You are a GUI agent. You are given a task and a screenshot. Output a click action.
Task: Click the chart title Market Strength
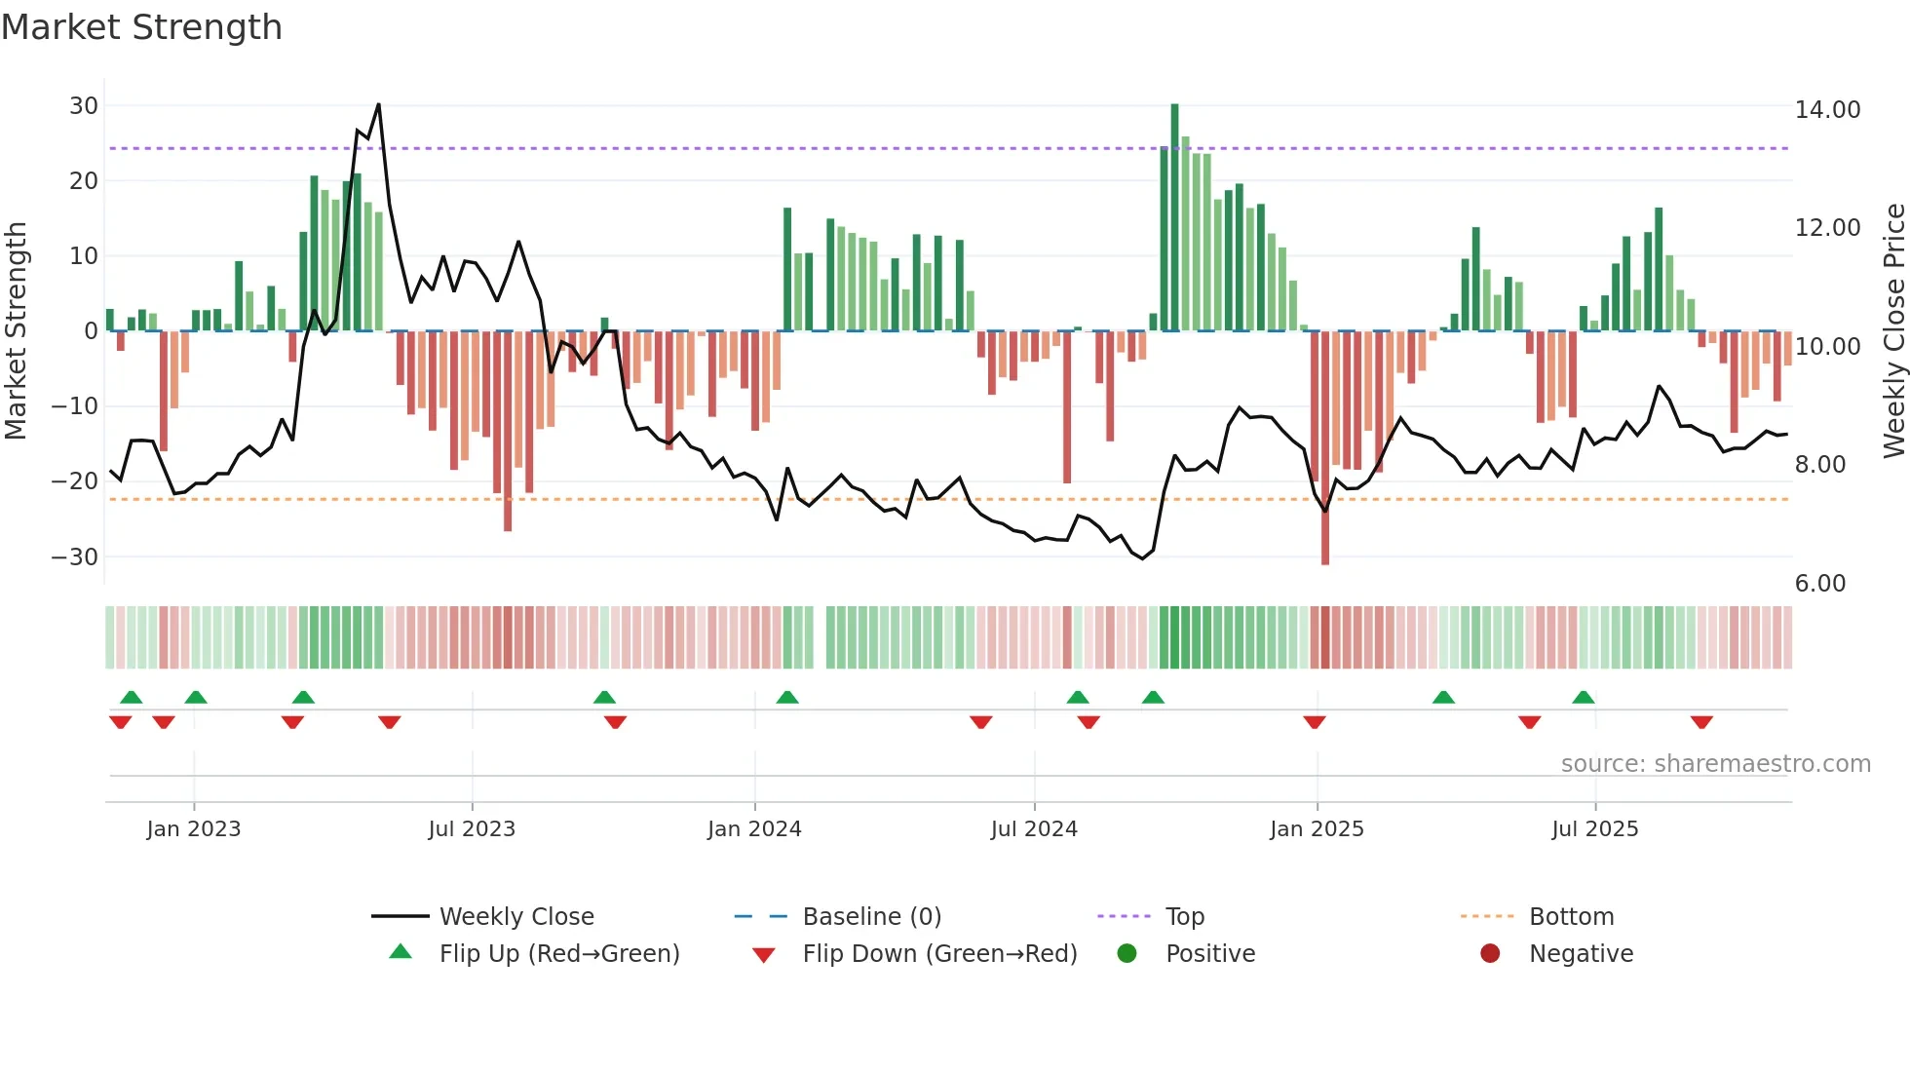[x=141, y=27]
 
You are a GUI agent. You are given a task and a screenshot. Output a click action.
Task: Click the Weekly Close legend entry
[x=516, y=917]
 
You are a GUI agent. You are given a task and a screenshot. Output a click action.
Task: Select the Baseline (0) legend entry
[x=871, y=917]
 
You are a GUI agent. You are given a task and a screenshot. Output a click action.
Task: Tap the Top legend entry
[x=1184, y=917]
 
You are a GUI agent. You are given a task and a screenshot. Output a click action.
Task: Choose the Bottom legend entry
[x=1571, y=917]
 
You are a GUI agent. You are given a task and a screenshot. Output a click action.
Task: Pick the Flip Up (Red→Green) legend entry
[x=558, y=954]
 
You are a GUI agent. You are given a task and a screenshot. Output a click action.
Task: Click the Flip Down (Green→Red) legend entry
[x=939, y=954]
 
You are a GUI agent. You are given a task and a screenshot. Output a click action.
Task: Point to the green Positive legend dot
[x=1127, y=954]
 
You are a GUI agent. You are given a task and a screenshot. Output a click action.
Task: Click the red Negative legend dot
[x=1490, y=954]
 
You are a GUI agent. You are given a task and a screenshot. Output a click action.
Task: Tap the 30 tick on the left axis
[x=84, y=106]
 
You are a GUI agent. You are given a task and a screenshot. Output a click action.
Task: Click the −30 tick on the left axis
[x=75, y=557]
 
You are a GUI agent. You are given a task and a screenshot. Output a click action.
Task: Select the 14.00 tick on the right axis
[x=1827, y=110]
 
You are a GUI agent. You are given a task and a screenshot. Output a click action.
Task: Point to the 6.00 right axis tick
[x=1819, y=584]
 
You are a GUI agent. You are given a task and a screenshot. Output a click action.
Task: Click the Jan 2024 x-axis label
[x=754, y=829]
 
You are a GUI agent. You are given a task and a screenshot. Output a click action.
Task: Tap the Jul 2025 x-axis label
[x=1594, y=829]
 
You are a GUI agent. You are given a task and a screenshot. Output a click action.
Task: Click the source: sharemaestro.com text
[x=1715, y=764]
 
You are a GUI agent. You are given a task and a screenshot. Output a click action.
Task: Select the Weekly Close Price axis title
[x=1893, y=331]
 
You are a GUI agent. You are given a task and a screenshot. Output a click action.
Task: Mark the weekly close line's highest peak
[x=378, y=105]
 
